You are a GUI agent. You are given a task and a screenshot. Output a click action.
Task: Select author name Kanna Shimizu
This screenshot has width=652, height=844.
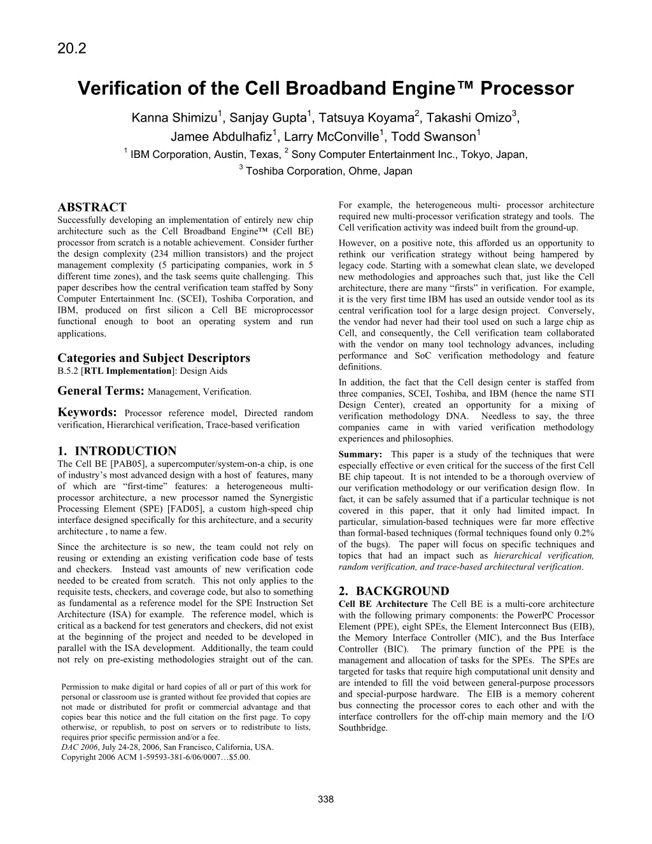point(174,118)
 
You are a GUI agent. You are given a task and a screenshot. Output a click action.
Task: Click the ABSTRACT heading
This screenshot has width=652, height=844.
point(92,207)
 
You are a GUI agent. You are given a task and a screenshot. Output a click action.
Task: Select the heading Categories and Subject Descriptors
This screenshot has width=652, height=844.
point(153,358)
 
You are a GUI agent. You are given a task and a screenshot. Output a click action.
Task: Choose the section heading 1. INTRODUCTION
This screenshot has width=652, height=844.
point(117,452)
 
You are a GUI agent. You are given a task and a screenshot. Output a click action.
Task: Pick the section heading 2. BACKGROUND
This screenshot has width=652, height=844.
point(394,591)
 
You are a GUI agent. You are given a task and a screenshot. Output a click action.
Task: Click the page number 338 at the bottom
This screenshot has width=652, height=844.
point(325,800)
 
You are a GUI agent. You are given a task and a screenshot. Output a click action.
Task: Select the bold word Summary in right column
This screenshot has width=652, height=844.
point(360,455)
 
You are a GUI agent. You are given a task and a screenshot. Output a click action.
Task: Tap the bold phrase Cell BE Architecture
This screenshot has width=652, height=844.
point(383,604)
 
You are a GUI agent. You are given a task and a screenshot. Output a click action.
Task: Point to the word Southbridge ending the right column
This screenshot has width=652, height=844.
point(363,728)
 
